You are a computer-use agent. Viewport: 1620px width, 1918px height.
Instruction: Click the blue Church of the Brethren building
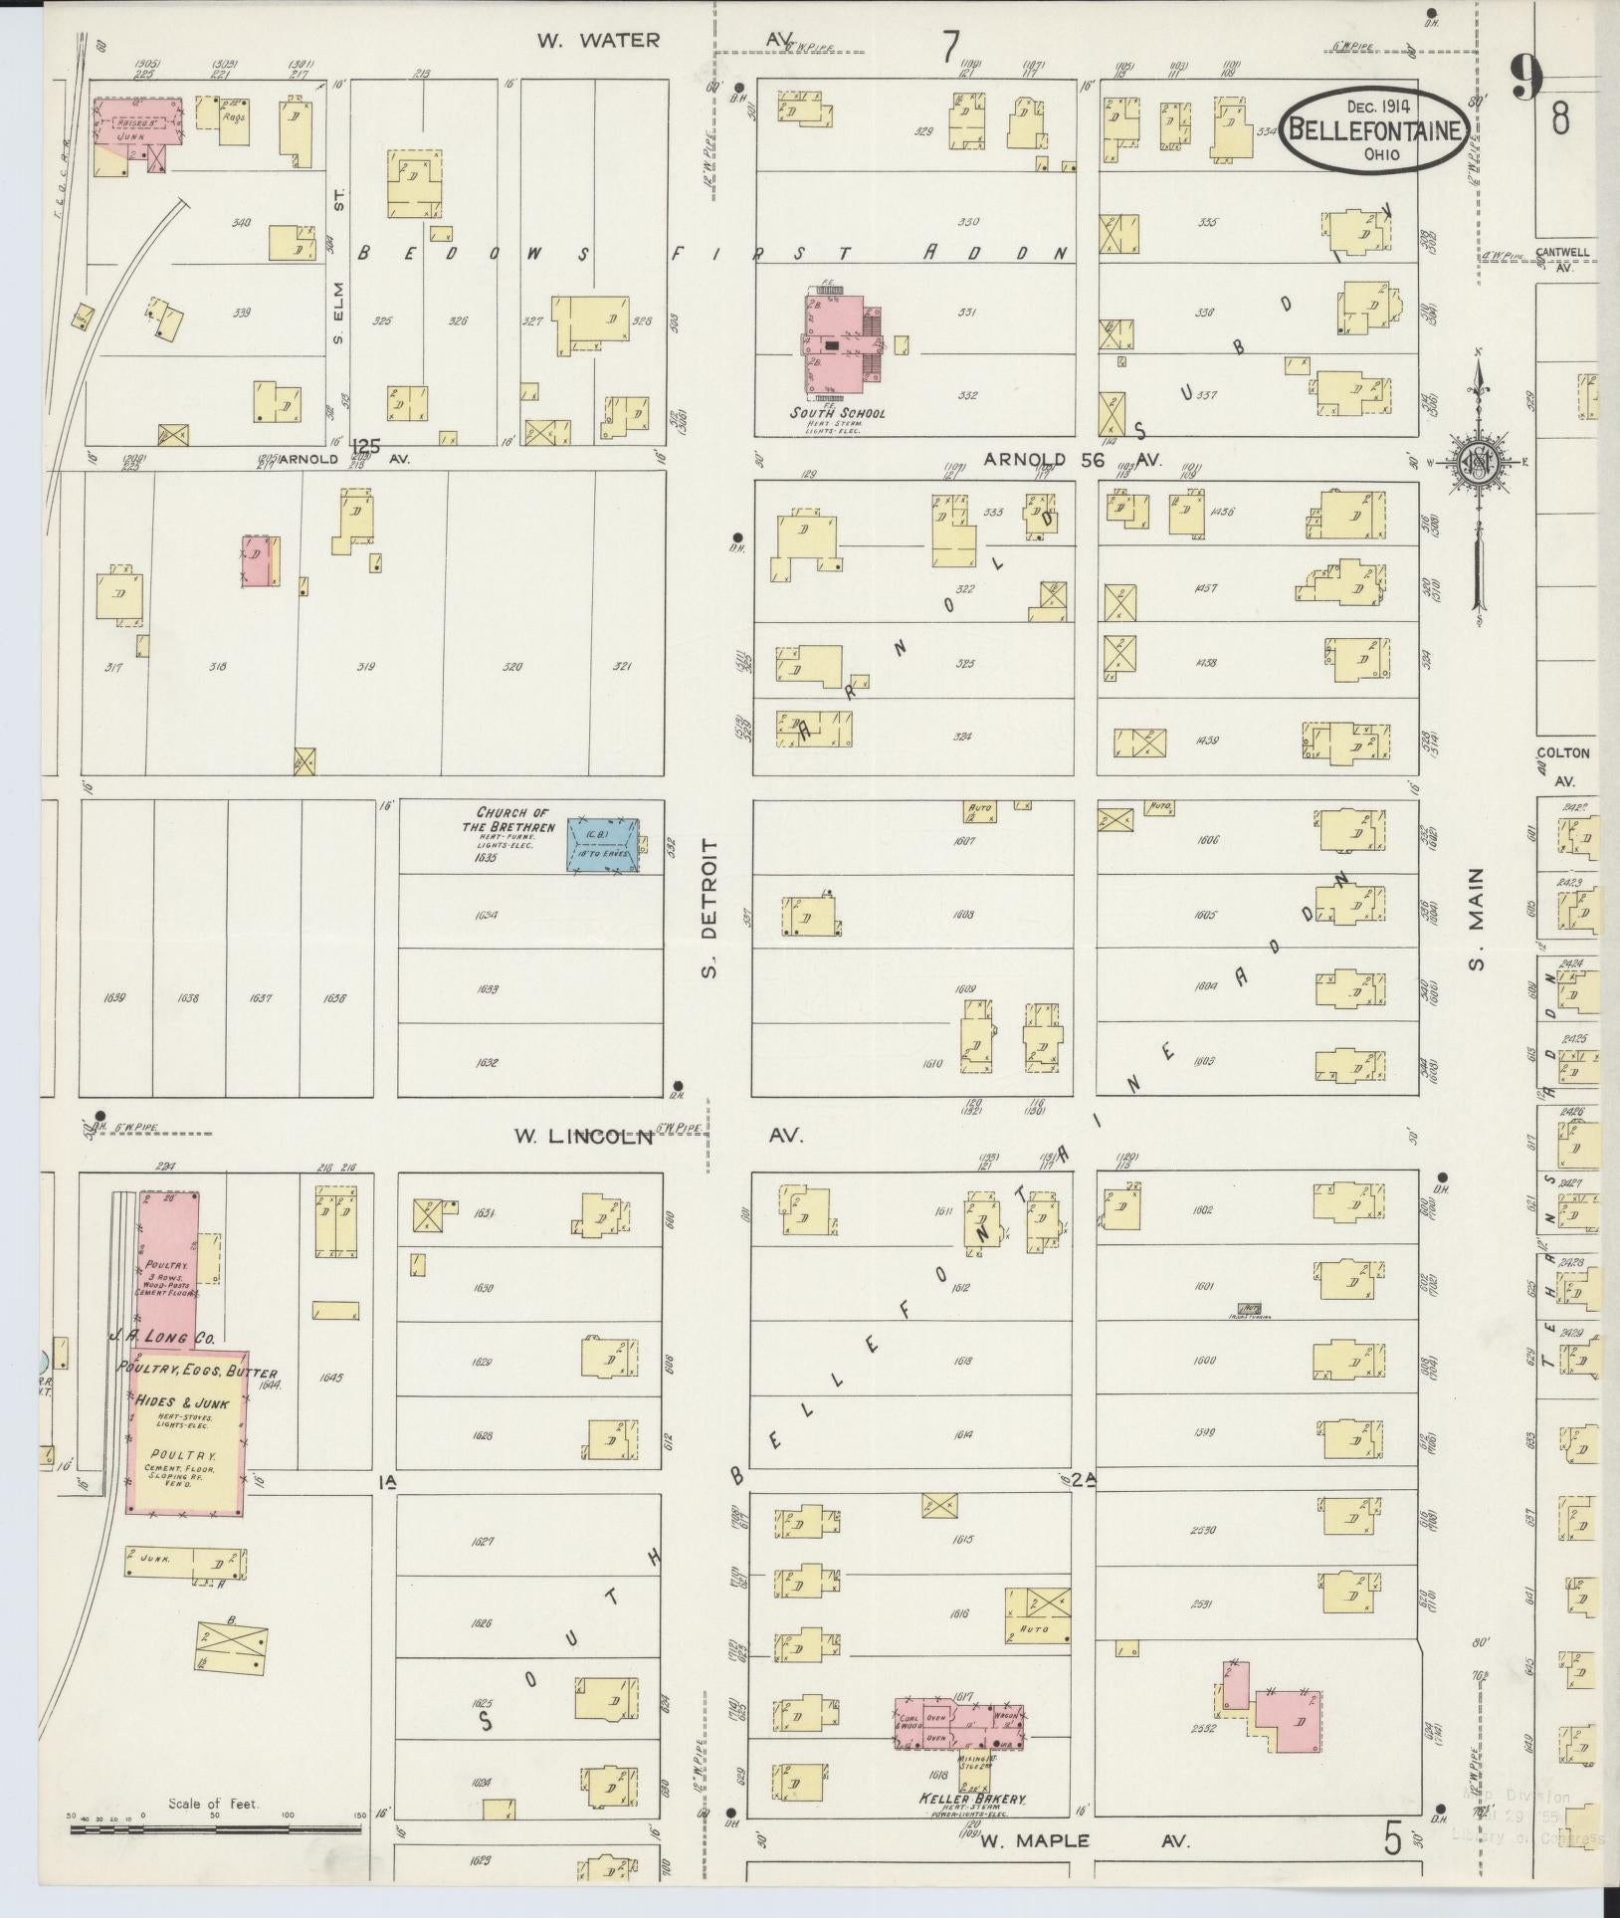click(604, 846)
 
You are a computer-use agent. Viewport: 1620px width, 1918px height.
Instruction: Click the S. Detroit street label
click(709, 907)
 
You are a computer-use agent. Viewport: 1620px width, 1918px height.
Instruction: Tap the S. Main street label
click(1477, 919)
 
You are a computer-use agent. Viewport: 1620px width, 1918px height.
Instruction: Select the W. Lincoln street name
click(584, 1137)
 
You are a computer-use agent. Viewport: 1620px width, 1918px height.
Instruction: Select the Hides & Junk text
click(186, 1403)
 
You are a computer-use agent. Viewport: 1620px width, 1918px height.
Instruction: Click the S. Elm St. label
click(337, 299)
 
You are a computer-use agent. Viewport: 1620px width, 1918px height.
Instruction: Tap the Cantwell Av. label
click(1561, 259)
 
